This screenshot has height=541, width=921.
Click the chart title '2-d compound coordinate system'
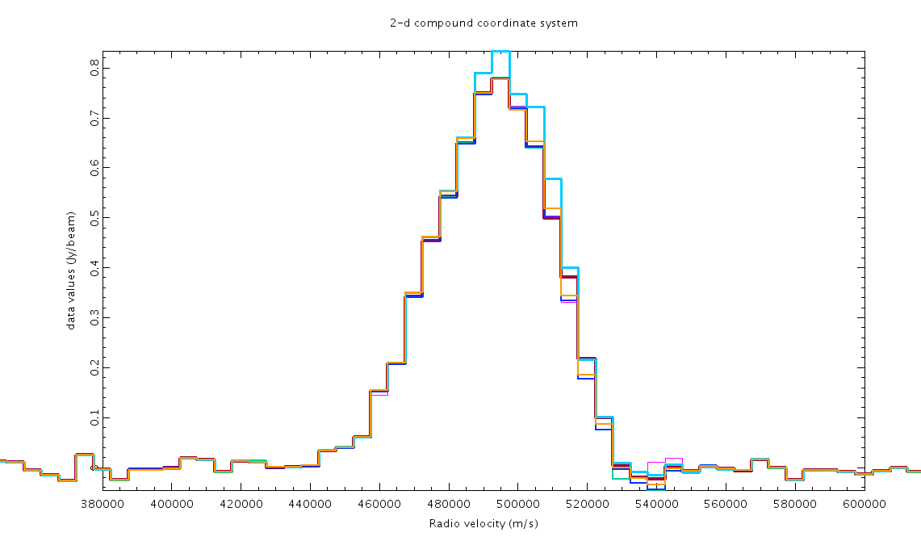pyautogui.click(x=484, y=23)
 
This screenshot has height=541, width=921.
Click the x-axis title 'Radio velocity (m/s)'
pyautogui.click(x=484, y=523)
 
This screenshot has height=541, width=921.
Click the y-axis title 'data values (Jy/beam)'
pyautogui.click(x=72, y=277)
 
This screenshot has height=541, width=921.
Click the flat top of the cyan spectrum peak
pyautogui.click(x=500, y=52)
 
